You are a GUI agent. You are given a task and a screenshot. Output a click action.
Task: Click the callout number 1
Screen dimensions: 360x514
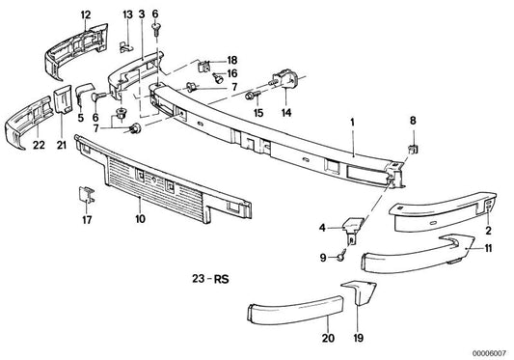(x=353, y=124)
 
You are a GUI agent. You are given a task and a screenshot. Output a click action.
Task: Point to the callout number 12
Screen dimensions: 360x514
(x=86, y=14)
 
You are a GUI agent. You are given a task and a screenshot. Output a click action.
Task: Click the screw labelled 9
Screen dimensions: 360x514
(x=342, y=256)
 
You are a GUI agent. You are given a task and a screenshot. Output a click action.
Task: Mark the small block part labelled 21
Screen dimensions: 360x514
(x=60, y=97)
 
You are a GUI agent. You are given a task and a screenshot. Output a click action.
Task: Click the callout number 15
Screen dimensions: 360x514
(x=257, y=112)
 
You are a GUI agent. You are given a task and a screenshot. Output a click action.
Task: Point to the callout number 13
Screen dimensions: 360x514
(x=127, y=14)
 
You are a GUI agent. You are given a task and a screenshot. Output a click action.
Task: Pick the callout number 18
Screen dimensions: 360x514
(x=232, y=60)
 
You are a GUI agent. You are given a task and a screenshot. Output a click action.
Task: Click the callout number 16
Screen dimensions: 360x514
(x=232, y=72)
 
